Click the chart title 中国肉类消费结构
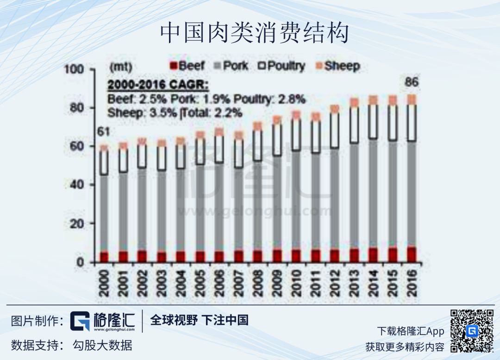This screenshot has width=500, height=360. click(254, 34)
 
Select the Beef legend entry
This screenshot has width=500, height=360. click(187, 66)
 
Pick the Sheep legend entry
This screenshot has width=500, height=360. click(337, 66)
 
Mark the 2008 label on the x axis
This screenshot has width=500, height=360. click(257, 283)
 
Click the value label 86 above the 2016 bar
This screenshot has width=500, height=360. click(412, 83)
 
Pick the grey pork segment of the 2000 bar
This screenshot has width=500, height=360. click(104, 213)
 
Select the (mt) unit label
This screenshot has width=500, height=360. click(121, 67)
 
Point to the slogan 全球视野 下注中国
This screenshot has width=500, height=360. click(199, 320)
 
